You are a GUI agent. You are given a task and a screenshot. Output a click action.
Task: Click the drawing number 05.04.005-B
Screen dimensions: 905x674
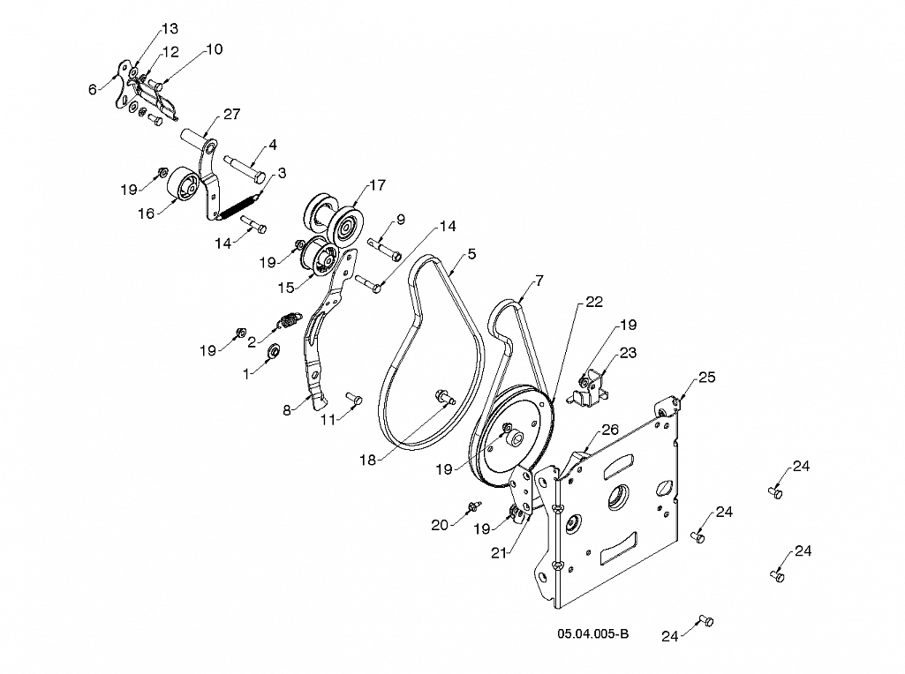[592, 633]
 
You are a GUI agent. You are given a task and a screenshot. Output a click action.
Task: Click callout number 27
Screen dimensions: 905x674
[231, 114]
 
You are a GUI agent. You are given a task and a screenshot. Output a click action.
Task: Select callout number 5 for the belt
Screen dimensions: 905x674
[472, 254]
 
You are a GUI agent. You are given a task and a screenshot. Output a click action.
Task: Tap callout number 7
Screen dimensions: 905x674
[539, 281]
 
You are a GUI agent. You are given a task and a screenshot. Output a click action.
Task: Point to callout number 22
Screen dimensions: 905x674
[594, 302]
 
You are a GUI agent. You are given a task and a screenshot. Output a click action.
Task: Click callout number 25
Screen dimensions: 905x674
[707, 377]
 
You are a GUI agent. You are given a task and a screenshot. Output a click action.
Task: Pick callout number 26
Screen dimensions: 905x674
[610, 429]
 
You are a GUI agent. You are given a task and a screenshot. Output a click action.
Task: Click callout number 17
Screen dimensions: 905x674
[377, 185]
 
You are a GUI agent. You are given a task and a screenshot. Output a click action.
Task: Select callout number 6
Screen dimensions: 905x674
[93, 89]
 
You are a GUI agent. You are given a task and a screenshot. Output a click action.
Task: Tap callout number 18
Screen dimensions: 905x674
[367, 460]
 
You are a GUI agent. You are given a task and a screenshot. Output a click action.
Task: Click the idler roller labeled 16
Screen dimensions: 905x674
[184, 183]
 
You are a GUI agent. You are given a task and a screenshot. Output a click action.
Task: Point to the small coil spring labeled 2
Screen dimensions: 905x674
[290, 319]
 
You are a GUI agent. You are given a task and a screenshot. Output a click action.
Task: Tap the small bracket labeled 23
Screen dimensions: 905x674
[588, 392]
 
